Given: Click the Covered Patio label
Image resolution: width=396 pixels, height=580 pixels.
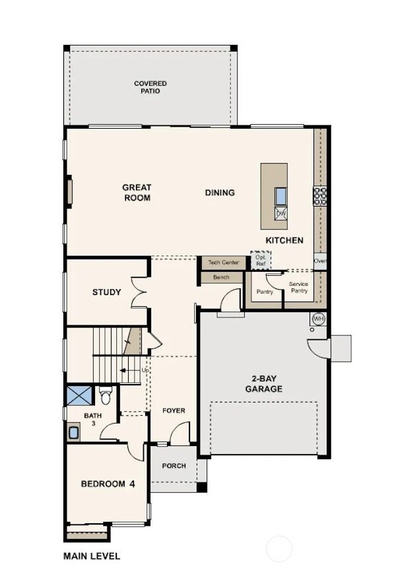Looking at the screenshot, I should [150, 87].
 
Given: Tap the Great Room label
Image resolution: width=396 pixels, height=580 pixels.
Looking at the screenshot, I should [137, 193].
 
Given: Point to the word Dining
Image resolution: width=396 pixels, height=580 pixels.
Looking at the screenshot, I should [220, 193].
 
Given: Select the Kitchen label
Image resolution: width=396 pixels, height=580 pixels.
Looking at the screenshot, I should [284, 240].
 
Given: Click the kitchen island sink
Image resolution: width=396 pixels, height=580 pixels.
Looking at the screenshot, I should [280, 196].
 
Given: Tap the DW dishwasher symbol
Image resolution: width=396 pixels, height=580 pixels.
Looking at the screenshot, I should [280, 213].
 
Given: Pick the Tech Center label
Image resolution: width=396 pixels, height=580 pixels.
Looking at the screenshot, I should [223, 263].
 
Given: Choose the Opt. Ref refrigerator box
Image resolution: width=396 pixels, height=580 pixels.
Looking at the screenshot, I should [261, 261].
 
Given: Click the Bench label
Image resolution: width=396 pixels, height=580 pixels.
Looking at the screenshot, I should [222, 277].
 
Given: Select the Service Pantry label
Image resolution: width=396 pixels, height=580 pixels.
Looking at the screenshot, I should [299, 287].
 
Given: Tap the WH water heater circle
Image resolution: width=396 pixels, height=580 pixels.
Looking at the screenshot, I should [319, 319].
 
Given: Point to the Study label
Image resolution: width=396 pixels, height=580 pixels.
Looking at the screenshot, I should [106, 292].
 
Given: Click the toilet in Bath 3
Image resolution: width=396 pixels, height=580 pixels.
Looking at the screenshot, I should [104, 396].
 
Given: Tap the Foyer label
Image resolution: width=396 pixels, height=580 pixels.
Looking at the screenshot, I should [174, 410].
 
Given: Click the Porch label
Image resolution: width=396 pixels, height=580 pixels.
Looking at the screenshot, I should [174, 466].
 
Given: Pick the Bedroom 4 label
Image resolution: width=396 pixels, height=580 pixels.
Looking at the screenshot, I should [108, 484].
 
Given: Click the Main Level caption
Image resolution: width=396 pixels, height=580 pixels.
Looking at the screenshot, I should [91, 556].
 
